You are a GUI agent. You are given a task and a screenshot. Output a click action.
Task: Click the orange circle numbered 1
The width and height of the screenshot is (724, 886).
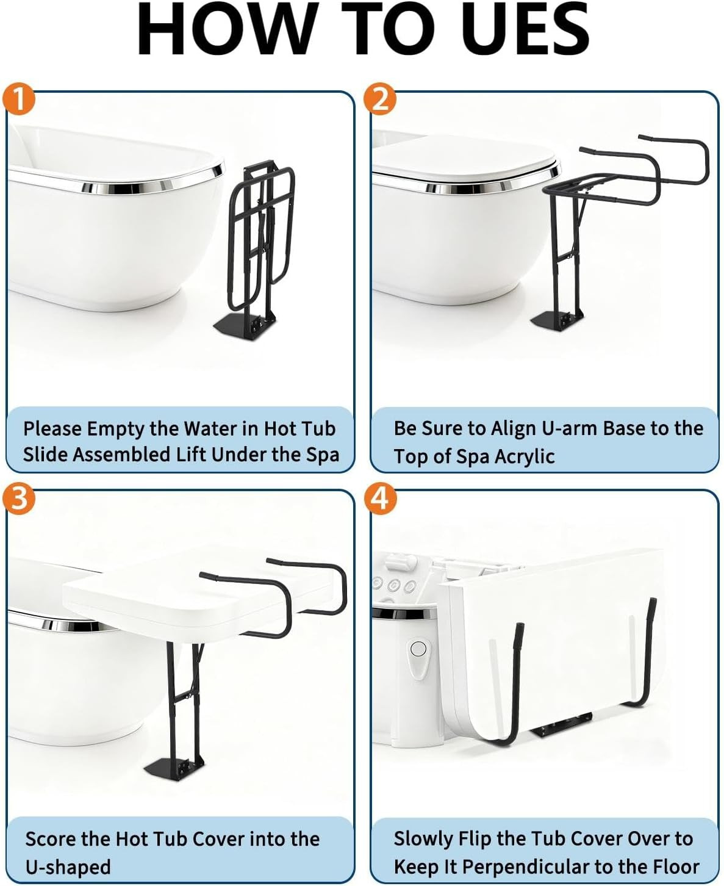[x=19, y=99]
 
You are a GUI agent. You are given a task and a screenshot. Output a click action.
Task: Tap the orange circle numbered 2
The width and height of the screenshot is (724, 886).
[x=381, y=99]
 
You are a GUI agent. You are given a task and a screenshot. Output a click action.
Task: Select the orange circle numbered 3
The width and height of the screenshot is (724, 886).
[x=19, y=499]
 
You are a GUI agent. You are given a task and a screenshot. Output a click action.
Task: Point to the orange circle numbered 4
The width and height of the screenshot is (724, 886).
[x=381, y=499]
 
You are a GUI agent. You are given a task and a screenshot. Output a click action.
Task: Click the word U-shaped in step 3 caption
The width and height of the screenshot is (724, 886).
[x=68, y=867]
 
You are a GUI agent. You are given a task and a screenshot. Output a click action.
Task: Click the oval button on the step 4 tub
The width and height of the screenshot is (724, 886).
[x=418, y=649]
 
